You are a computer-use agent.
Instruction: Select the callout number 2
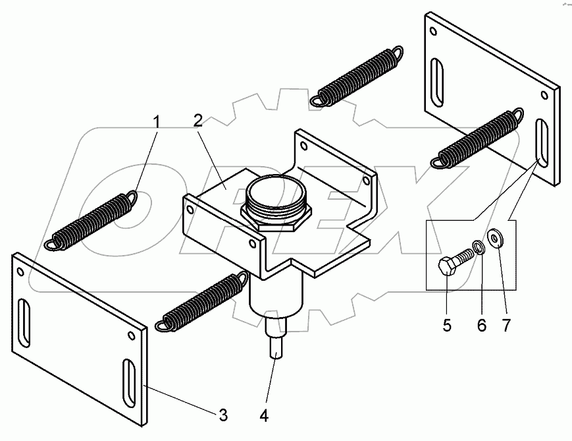coord(197,121)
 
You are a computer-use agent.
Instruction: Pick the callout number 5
coord(447,325)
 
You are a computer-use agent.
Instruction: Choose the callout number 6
coord(481,325)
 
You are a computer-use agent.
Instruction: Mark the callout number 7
coord(506,325)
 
